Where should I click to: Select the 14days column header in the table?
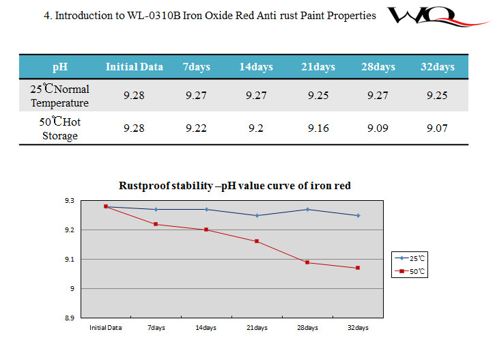pyautogui.click(x=256, y=67)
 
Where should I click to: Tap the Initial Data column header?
pyautogui.click(x=135, y=67)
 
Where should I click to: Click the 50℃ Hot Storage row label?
pyautogui.click(x=60, y=128)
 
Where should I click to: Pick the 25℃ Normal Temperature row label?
pyautogui.click(x=60, y=96)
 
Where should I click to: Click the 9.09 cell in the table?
pyautogui.click(x=378, y=128)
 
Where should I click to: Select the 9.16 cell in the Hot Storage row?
pyautogui.click(x=318, y=128)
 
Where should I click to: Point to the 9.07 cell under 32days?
pyautogui.click(x=437, y=128)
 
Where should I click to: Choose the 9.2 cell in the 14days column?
pyautogui.click(x=256, y=128)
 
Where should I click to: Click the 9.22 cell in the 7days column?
pyautogui.click(x=196, y=128)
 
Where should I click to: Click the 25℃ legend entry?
pyautogui.click(x=412, y=258)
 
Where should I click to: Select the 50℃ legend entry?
pyautogui.click(x=412, y=271)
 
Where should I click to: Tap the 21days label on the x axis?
pyautogui.click(x=257, y=328)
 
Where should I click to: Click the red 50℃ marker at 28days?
pyautogui.click(x=307, y=262)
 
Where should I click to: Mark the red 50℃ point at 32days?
pyautogui.click(x=357, y=268)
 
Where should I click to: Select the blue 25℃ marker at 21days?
pyautogui.click(x=257, y=215)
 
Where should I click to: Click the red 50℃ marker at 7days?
pyautogui.click(x=156, y=224)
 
